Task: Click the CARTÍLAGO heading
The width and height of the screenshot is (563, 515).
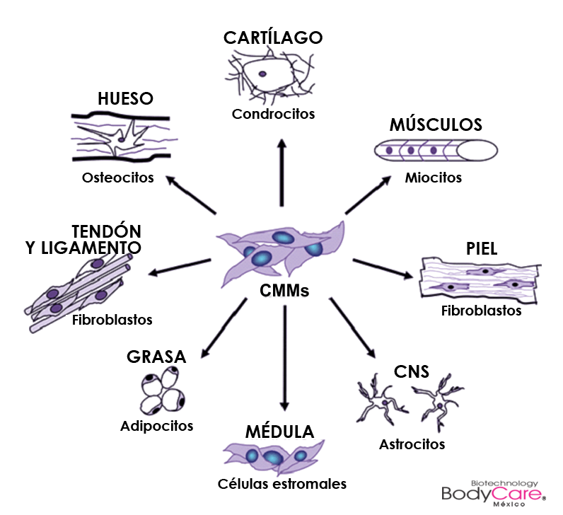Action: click(273, 37)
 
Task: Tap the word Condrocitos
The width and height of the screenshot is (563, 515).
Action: click(273, 114)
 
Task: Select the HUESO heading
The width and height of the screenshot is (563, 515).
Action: click(126, 98)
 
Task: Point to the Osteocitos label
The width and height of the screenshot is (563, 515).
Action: click(118, 178)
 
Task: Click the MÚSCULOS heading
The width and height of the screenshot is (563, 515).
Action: click(436, 125)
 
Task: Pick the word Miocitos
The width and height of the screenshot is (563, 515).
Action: click(434, 178)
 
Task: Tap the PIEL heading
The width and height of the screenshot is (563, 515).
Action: click(482, 248)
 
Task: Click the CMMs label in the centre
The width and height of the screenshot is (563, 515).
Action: click(284, 291)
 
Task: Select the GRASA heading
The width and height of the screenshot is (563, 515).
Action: click(156, 357)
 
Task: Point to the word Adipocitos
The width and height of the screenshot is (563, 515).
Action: click(156, 426)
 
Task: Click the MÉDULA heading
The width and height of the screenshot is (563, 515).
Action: click(279, 432)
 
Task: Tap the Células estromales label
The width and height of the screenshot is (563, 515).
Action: click(282, 484)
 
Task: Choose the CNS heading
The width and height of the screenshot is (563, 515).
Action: click(411, 371)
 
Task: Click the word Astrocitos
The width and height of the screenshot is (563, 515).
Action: click(412, 444)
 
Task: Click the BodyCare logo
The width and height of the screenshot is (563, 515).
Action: click(494, 493)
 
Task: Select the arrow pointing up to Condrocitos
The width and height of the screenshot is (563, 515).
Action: click(282, 173)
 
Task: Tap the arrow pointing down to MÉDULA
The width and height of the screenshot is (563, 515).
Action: click(284, 358)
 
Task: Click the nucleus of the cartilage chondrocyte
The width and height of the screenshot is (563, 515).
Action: click(262, 74)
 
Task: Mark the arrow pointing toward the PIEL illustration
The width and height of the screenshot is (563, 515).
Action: click(383, 269)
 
